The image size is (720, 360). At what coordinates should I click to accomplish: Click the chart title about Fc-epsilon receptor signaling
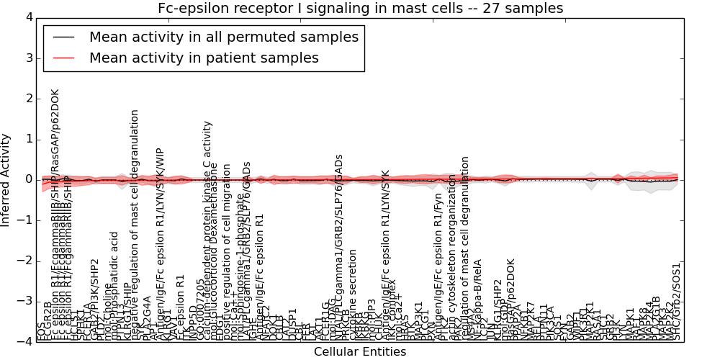pos(360,8)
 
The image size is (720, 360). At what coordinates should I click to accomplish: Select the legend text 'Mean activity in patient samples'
pos(204,58)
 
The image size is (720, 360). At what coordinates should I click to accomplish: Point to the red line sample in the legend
pos(63,58)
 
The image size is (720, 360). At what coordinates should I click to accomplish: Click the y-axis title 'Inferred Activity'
pos(6,179)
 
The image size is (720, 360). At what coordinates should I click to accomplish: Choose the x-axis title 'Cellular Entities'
pos(360,352)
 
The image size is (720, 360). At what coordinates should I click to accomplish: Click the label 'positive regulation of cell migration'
pos(228,259)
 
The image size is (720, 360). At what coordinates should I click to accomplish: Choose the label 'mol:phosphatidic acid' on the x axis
pos(114,285)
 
